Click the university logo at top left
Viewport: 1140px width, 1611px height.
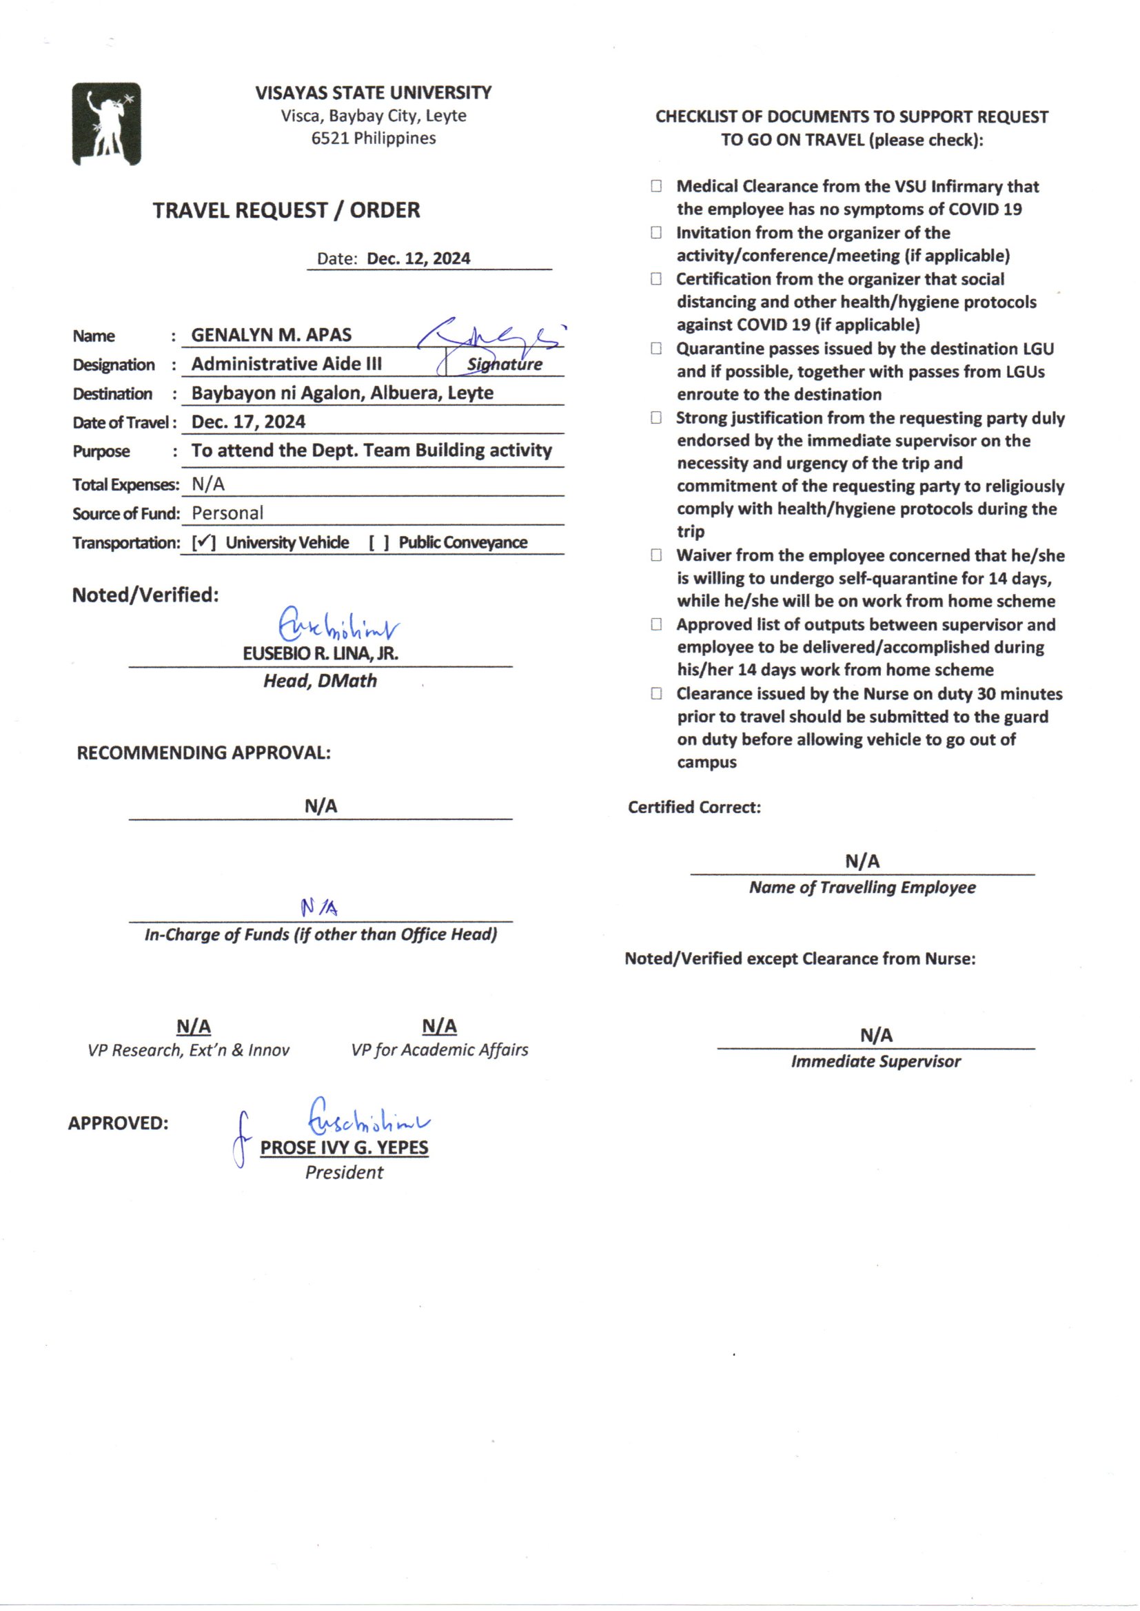107,124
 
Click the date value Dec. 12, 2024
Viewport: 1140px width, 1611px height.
418,258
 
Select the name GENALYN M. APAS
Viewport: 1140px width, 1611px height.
271,335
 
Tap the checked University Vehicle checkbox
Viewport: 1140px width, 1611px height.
203,542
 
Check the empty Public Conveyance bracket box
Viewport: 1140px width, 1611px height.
379,542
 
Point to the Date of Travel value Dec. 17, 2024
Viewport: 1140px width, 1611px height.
249,422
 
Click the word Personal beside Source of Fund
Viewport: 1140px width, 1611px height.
227,513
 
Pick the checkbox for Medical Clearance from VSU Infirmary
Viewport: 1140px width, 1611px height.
656,186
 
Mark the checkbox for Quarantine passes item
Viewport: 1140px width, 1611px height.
656,348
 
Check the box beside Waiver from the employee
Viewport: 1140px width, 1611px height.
656,555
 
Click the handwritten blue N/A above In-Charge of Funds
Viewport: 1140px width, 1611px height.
319,908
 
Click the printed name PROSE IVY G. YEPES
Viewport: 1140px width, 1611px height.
344,1147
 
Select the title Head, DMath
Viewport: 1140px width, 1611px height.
320,681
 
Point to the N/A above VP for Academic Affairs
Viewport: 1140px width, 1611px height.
440,1026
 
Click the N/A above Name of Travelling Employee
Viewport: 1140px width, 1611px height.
862,861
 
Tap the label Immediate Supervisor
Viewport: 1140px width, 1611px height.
875,1061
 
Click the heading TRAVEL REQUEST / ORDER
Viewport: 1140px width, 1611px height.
287,209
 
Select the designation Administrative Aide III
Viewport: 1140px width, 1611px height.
287,363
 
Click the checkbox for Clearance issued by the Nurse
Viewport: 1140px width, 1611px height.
656,693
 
